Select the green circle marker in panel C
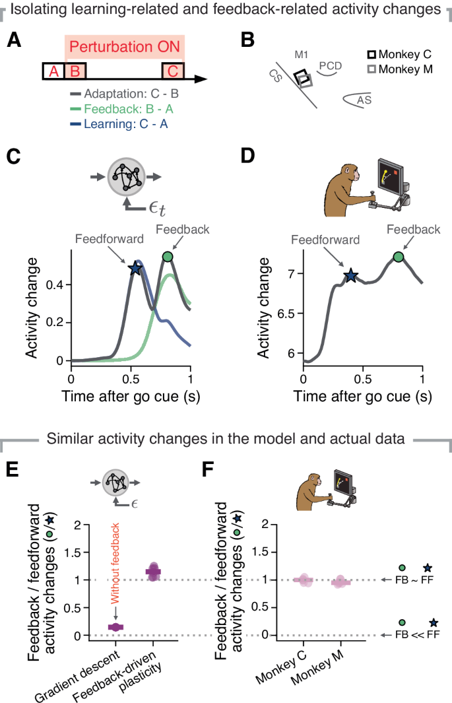click(168, 257)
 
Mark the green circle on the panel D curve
click(399, 257)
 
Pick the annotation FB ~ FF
click(419, 580)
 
